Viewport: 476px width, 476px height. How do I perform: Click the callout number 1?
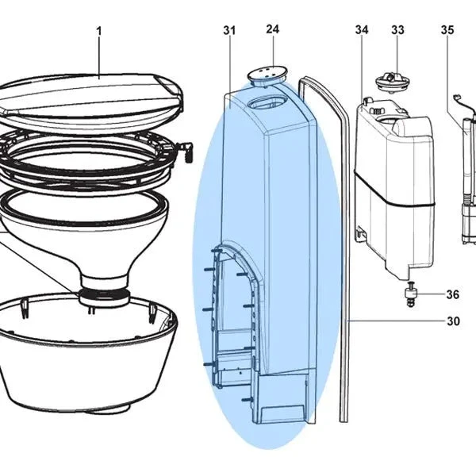tap(99, 31)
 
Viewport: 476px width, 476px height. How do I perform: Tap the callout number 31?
tap(229, 30)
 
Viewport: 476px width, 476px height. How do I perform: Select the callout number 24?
tap(272, 29)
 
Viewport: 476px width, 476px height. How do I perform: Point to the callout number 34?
tap(362, 30)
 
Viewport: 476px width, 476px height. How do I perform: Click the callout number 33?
tap(397, 30)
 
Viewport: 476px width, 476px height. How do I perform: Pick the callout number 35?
tap(447, 30)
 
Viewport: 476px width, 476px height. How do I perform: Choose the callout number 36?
tap(453, 294)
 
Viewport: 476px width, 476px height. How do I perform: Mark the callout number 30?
tap(453, 321)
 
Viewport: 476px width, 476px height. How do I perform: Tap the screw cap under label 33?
tap(393, 82)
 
